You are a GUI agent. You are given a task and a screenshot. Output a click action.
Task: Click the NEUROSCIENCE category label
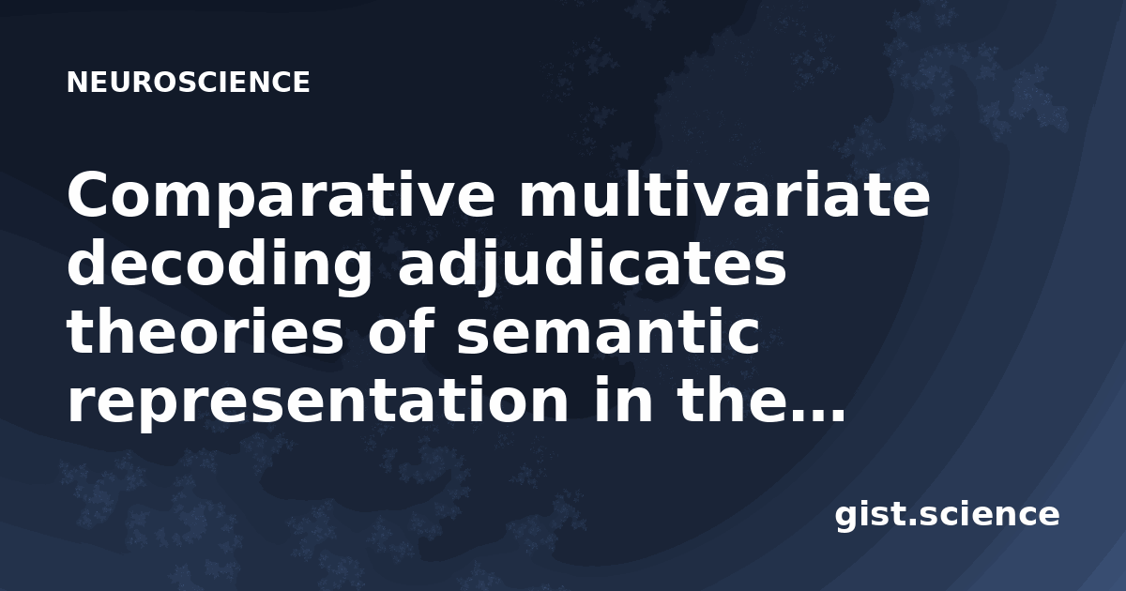[188, 83]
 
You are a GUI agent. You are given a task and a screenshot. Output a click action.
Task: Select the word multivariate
[724, 194]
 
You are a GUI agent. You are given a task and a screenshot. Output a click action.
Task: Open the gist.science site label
[947, 516]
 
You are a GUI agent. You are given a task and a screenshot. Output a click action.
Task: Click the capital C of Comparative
[92, 194]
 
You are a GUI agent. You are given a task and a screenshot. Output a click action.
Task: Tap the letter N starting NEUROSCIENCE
[77, 83]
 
